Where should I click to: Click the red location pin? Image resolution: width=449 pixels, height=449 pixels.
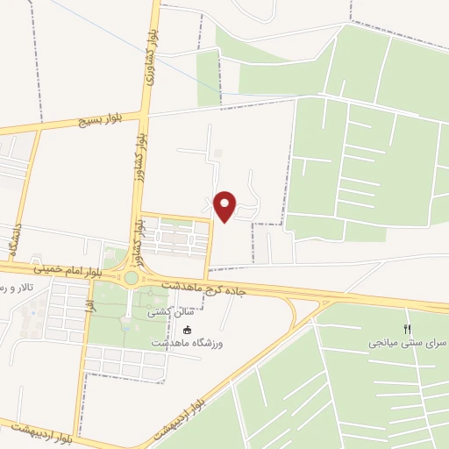[x=225, y=205]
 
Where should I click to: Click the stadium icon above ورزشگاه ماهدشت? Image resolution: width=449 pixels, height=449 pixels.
[x=187, y=330]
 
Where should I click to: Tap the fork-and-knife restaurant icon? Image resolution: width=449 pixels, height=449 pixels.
[x=407, y=327]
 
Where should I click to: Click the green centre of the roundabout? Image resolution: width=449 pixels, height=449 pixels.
[x=131, y=278]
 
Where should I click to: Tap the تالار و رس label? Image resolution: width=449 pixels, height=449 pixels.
[x=16, y=288]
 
